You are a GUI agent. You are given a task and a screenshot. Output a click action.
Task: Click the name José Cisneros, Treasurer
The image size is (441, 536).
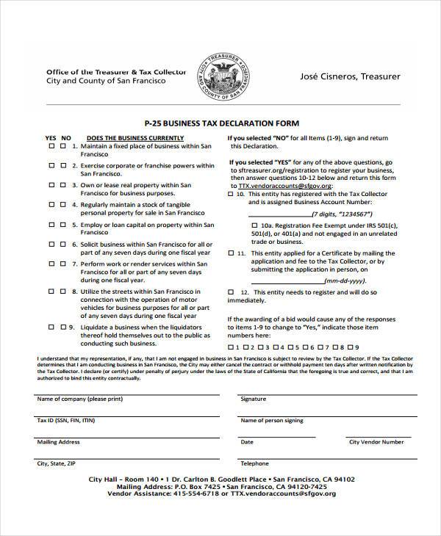[x=345, y=76]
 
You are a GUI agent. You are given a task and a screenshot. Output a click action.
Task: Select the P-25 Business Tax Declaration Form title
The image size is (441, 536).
[x=220, y=123]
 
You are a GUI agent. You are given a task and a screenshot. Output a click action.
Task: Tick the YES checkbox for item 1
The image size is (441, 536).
[x=51, y=147]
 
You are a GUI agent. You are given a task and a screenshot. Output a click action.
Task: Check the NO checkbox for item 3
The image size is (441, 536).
[x=63, y=186]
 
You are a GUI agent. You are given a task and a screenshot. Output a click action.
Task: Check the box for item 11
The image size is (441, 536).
[x=233, y=252]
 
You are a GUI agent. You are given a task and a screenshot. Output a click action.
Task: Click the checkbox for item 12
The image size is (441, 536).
[x=233, y=291]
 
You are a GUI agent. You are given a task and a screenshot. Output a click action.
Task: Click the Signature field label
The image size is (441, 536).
[x=254, y=399]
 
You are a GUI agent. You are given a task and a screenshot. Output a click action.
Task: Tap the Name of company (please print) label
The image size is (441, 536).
[x=71, y=399]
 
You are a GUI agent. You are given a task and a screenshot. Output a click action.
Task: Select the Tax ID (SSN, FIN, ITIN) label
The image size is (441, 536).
[x=65, y=421]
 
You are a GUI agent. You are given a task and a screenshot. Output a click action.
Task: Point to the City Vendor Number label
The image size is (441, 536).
[x=376, y=442]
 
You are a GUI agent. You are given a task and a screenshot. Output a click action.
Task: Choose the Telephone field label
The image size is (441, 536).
[x=255, y=463]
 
